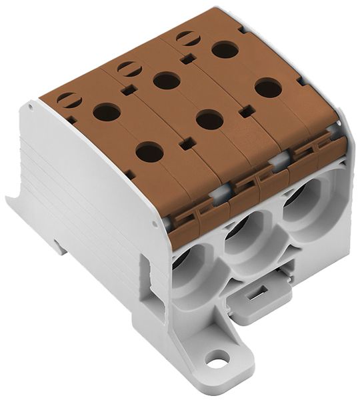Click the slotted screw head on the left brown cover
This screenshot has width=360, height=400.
click(x=69, y=101)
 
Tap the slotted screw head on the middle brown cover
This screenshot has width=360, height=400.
click(x=128, y=68)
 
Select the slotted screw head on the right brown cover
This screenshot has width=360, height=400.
click(x=187, y=39)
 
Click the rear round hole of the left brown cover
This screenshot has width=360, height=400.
click(x=107, y=111)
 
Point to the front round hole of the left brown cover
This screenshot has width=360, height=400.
click(x=149, y=153)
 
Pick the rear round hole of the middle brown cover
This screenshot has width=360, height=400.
click(x=167, y=81)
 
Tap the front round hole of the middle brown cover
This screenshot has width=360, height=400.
click(x=209, y=120)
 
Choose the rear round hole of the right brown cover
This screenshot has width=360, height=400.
click(x=225, y=49)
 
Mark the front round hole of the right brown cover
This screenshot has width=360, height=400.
click(x=268, y=87)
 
